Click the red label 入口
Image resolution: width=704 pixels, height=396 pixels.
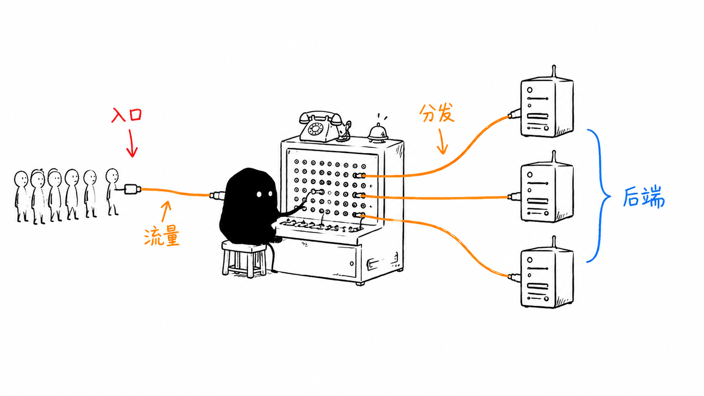tap(126, 115)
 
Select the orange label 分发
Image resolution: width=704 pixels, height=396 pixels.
tap(436, 113)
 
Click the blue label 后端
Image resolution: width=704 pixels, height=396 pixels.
tap(643, 197)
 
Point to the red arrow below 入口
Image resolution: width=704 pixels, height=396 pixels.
tap(132, 143)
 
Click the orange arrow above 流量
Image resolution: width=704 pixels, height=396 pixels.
tap(165, 211)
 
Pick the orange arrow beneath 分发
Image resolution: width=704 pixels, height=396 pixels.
tap(442, 142)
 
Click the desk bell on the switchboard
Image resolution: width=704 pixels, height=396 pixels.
tap(379, 132)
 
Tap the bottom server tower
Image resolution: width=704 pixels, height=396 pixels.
tap(547, 275)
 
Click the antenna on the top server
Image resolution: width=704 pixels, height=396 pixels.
tap(554, 71)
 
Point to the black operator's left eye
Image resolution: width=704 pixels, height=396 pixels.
tap(259, 194)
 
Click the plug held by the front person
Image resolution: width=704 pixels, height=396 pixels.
tap(132, 189)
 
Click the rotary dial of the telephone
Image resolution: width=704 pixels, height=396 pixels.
tap(315, 128)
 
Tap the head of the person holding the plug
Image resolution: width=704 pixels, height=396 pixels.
tap(112, 176)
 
